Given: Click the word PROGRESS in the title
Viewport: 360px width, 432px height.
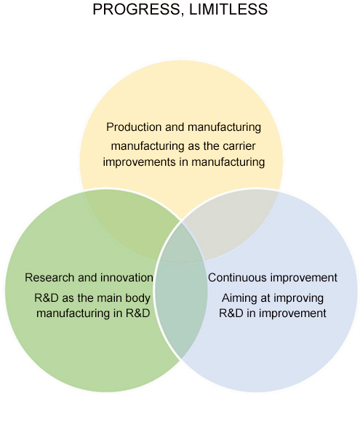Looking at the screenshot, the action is click(x=137, y=9).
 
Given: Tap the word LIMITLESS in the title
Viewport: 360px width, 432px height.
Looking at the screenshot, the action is click(x=228, y=9).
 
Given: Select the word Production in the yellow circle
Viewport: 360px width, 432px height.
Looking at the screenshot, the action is click(x=134, y=127).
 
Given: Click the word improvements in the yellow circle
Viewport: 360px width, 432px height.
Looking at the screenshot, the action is click(x=140, y=162).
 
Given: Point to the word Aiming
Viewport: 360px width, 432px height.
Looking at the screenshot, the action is click(x=237, y=298).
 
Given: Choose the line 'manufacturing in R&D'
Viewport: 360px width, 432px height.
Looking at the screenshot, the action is click(x=93, y=313).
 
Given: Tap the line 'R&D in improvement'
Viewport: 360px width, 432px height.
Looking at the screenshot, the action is click(x=273, y=313).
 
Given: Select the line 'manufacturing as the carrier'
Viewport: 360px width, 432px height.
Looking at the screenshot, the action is click(x=183, y=146).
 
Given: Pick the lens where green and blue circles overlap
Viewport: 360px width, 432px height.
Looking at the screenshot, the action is click(x=181, y=290).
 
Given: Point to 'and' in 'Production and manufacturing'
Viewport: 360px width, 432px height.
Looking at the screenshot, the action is click(x=175, y=127).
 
